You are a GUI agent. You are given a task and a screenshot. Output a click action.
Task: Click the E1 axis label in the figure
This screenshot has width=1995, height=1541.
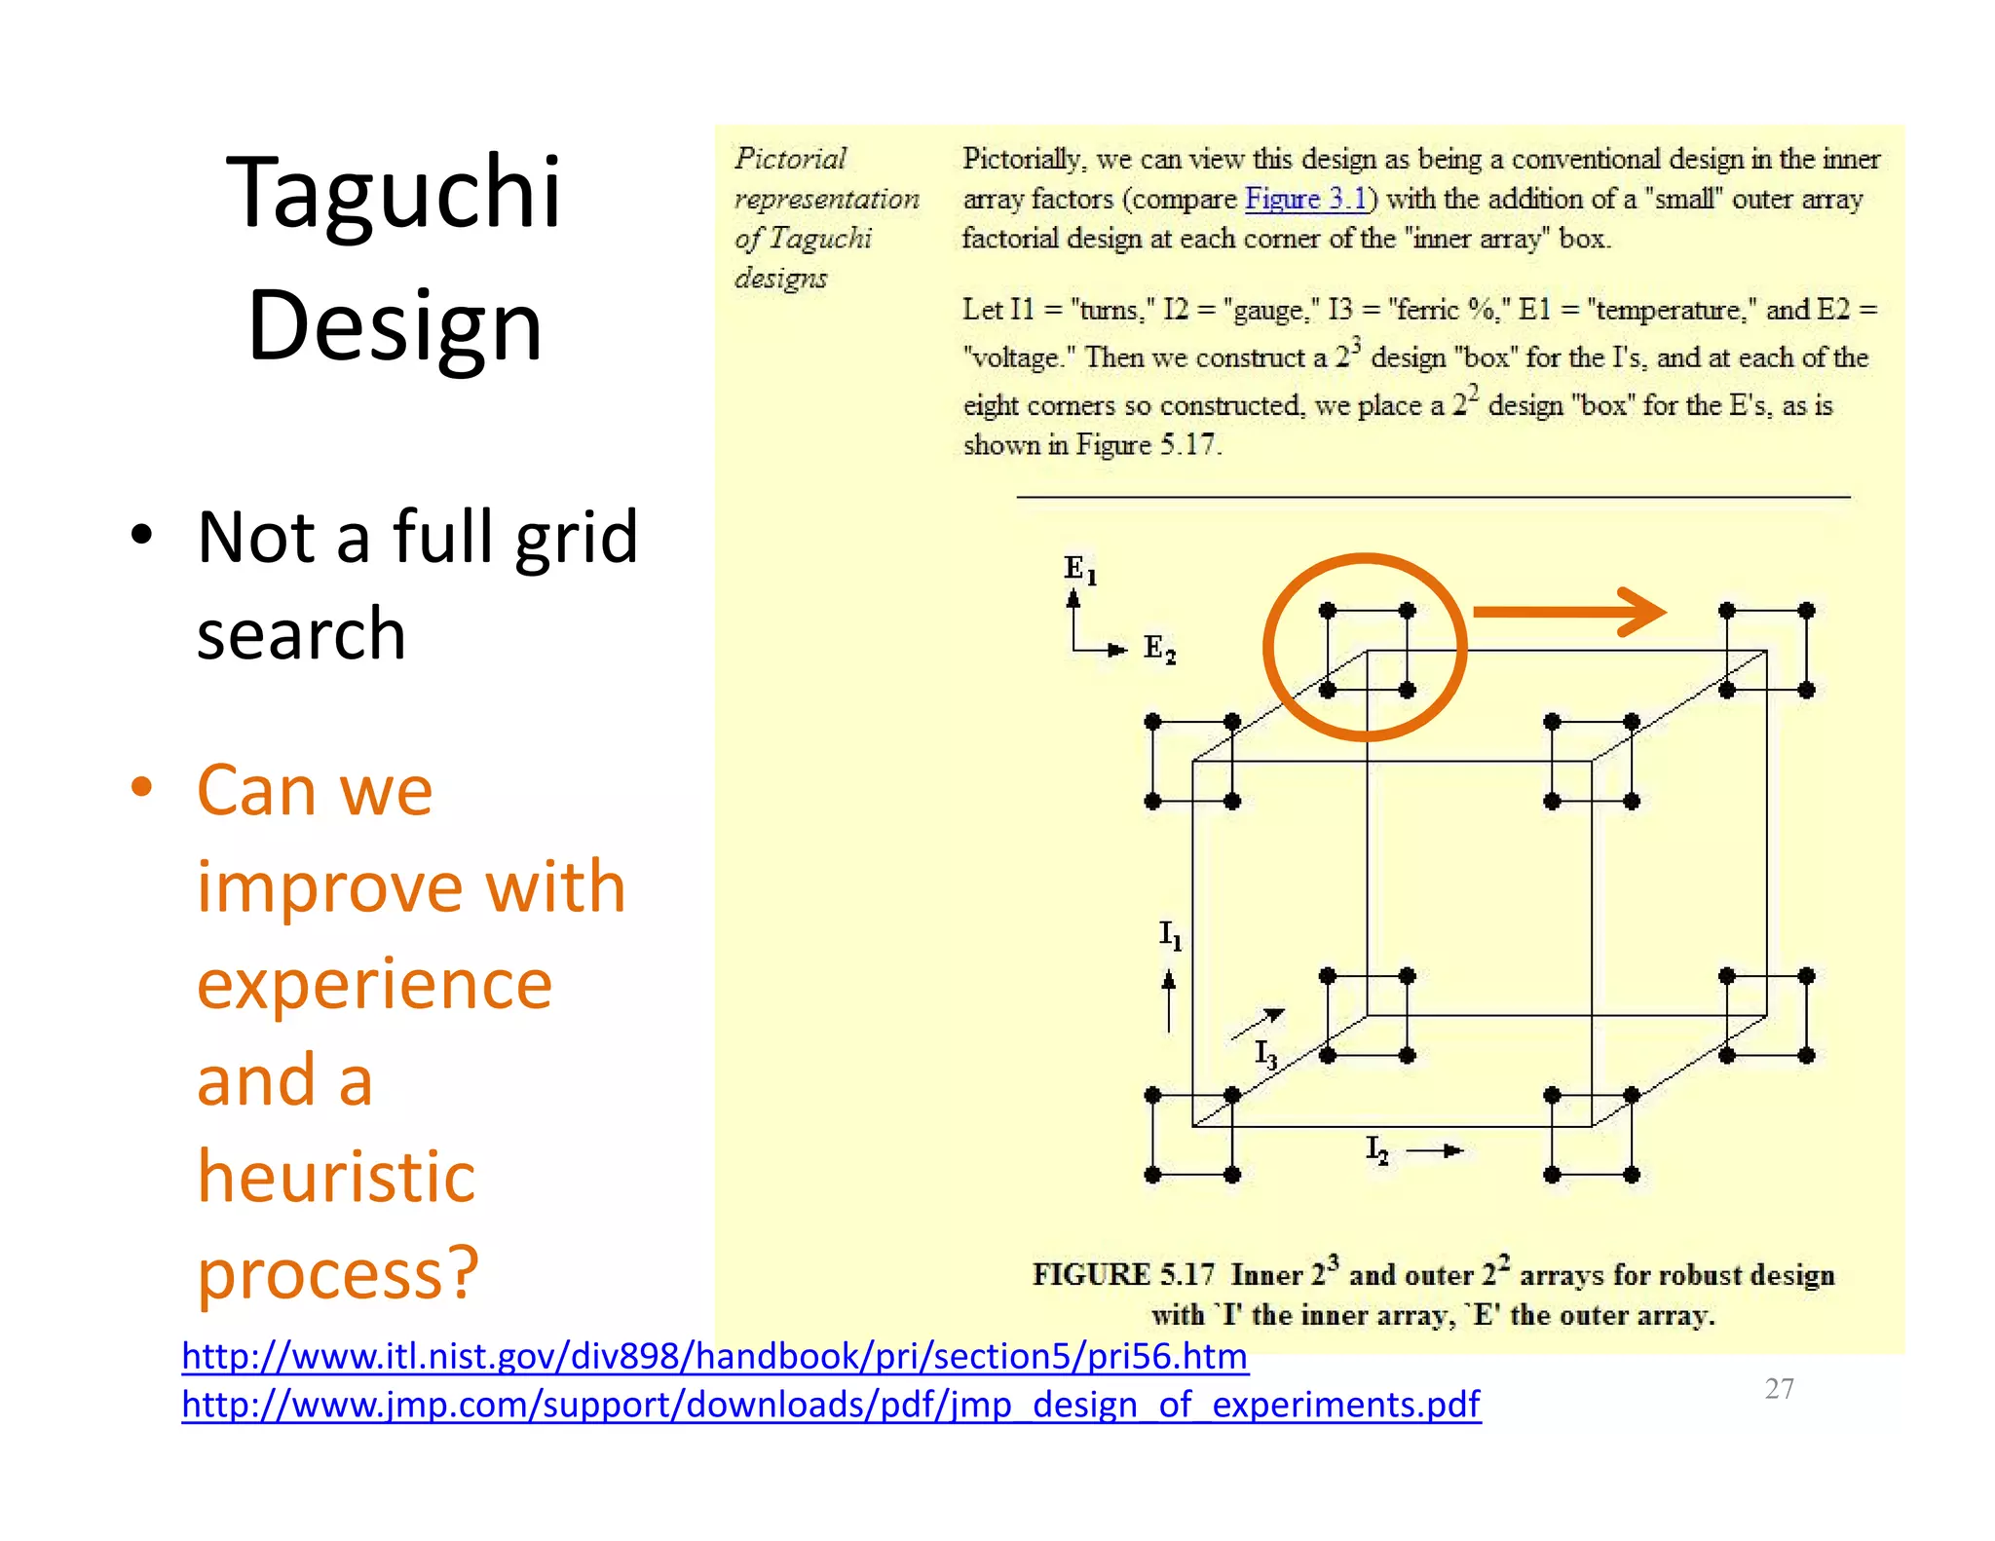(1079, 570)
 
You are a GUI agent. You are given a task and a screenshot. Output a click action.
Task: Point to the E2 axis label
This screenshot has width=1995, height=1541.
(1159, 649)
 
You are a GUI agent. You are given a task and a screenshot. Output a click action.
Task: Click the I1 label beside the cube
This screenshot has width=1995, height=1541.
(1170, 935)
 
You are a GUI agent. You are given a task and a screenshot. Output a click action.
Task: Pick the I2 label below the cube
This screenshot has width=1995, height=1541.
(1376, 1150)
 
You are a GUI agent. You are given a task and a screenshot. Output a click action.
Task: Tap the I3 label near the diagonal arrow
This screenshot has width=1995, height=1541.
(1265, 1054)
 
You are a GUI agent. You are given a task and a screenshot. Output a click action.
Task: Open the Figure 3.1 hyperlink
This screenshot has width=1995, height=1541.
(1305, 200)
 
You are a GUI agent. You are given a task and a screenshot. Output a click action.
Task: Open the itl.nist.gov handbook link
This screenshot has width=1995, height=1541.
(714, 1357)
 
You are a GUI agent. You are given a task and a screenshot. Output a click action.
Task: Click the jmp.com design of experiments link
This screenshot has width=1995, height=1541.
(830, 1405)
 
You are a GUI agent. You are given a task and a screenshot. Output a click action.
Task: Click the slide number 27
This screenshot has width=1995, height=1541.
(1779, 1389)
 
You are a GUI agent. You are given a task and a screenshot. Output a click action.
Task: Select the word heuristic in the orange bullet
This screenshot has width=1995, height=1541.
(336, 1177)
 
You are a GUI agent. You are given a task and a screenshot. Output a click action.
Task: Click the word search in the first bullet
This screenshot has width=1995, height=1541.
(301, 634)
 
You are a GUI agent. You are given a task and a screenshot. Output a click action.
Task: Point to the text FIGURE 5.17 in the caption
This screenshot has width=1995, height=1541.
(1123, 1275)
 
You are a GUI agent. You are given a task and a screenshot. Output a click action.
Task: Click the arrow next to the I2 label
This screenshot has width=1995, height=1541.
(1436, 1151)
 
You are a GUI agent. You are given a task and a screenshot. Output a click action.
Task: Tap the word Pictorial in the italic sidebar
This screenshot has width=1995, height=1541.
(790, 159)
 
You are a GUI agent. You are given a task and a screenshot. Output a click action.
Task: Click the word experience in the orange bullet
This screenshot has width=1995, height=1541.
(374, 984)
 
